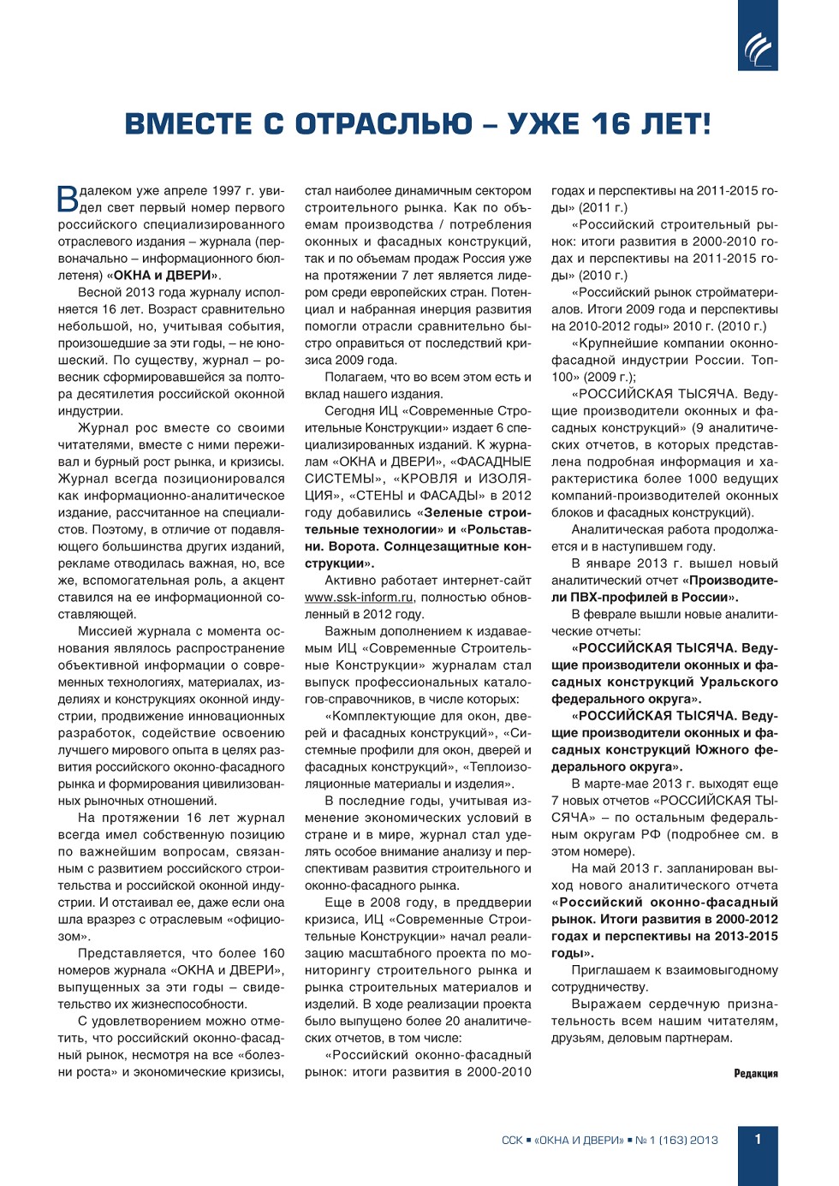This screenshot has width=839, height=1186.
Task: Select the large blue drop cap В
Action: click(x=68, y=199)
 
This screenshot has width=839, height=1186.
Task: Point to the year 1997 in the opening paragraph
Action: click(x=227, y=191)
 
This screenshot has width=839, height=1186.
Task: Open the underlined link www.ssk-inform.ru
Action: click(x=359, y=598)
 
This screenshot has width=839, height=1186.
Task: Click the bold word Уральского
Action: click(x=739, y=682)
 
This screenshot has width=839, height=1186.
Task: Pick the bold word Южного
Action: click(x=721, y=750)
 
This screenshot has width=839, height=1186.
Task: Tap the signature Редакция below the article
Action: click(x=756, y=1074)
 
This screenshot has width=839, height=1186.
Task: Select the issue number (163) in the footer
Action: click(x=672, y=1141)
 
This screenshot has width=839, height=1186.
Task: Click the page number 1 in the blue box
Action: click(x=758, y=1139)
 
